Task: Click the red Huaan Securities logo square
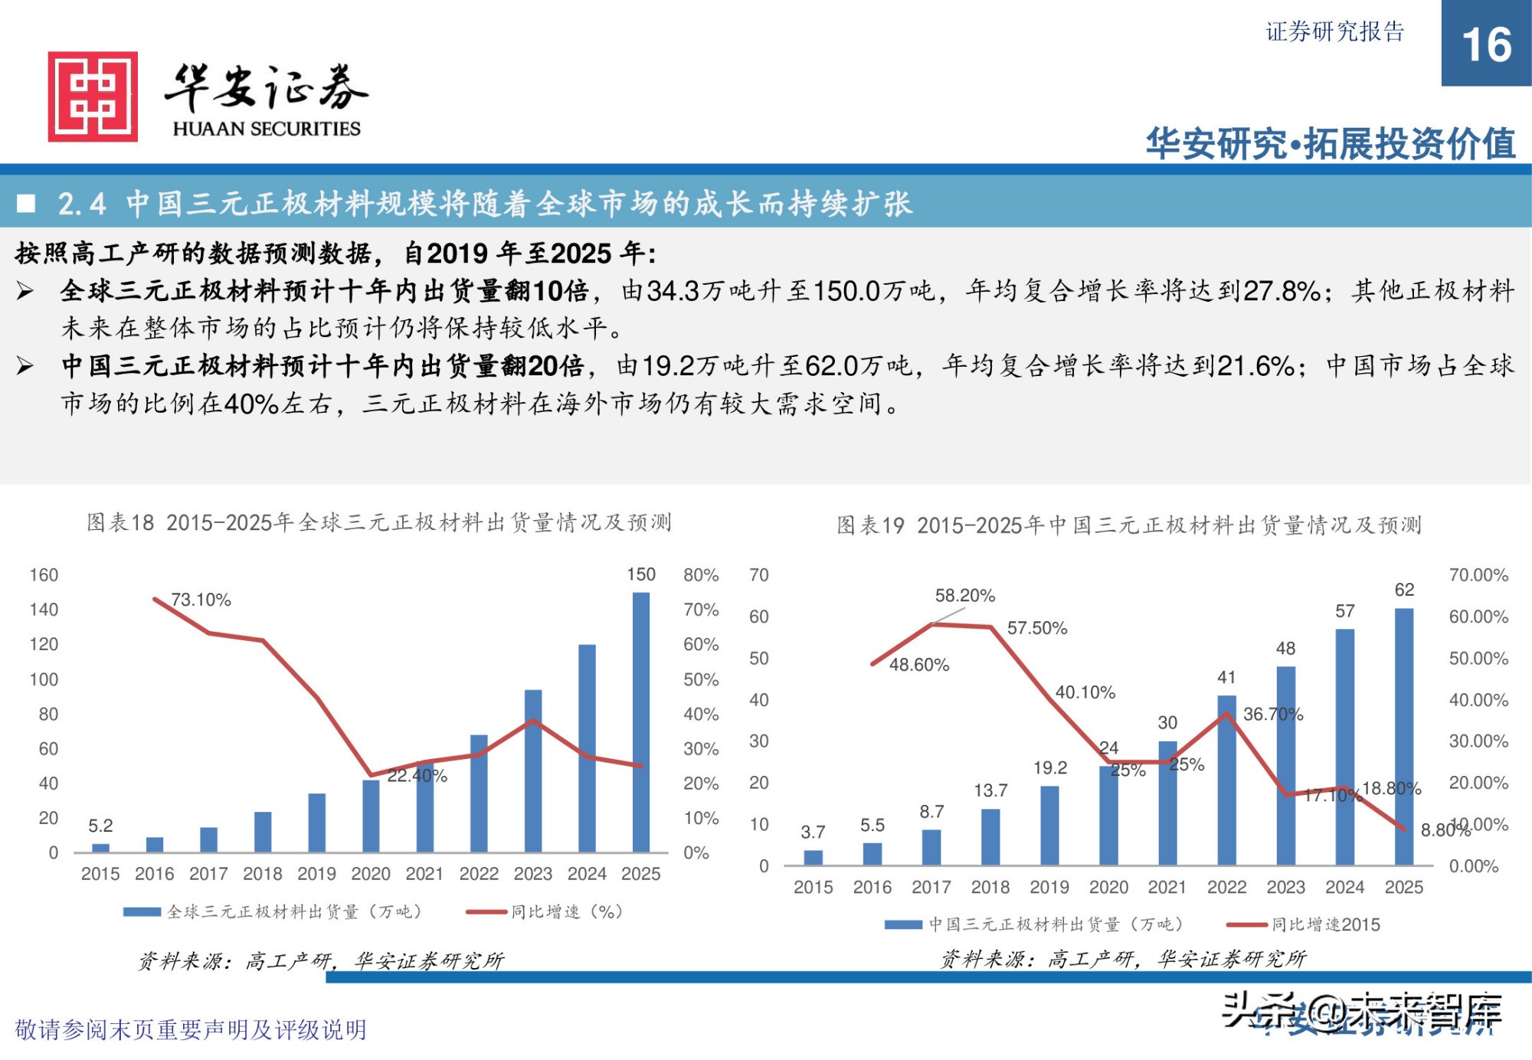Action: click(x=93, y=97)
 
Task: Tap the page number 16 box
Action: click(x=1485, y=44)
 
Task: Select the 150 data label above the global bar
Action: click(x=640, y=574)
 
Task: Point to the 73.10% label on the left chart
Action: click(x=201, y=600)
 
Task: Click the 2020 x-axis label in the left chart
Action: click(x=370, y=874)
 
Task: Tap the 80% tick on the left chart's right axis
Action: click(x=700, y=575)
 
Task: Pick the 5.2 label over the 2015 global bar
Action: click(x=100, y=826)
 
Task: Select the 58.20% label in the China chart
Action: click(x=964, y=596)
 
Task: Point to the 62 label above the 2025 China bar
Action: click(x=1404, y=590)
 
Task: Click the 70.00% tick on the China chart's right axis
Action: click(x=1478, y=575)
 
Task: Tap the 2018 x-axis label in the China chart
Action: click(x=990, y=887)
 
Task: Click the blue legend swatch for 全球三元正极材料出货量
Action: click(x=142, y=911)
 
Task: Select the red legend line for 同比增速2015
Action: click(x=1247, y=924)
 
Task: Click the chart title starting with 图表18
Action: click(x=378, y=523)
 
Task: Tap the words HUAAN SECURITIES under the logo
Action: click(x=267, y=129)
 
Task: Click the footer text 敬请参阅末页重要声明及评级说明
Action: click(x=191, y=1029)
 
